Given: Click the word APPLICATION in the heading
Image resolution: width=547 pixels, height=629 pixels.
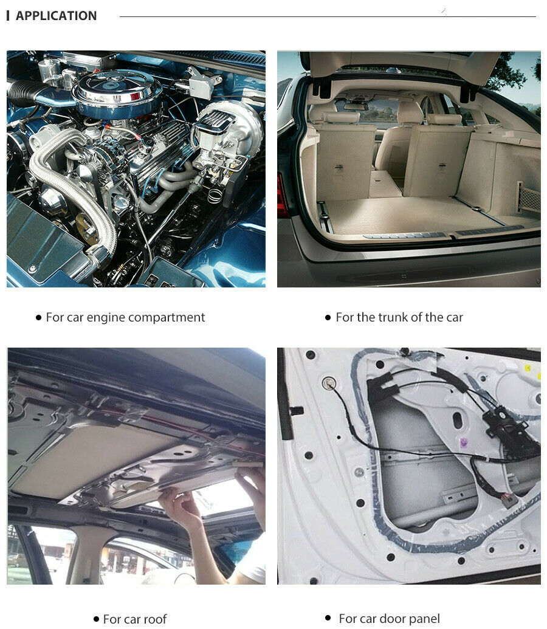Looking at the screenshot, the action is [56, 16].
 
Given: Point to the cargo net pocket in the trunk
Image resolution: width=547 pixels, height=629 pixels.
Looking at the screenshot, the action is [528, 199].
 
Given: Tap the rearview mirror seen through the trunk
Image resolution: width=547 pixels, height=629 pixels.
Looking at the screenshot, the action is [356, 106].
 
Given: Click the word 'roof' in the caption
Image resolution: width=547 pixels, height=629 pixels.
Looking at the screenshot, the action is [155, 619].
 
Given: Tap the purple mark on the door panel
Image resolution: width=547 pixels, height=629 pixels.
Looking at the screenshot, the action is [464, 442].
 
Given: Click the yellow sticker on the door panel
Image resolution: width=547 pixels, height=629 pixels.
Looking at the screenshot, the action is [528, 368].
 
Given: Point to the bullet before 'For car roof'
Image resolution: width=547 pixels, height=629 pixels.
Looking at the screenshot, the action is [96, 619].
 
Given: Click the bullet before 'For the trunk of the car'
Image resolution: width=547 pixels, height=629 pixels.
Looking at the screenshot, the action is [328, 318].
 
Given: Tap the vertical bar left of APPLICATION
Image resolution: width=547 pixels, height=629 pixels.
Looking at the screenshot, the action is [8, 16].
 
